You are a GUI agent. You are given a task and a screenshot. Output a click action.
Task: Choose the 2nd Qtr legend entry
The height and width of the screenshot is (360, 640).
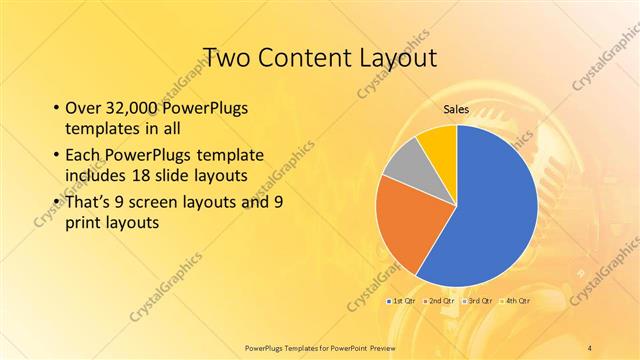(439, 300)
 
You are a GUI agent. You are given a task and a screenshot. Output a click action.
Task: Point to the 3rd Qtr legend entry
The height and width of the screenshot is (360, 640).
(478, 300)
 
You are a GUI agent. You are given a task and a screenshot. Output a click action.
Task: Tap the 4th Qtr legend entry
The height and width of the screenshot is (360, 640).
(516, 300)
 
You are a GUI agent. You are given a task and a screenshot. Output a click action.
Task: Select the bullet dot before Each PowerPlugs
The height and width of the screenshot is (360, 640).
(55, 155)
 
